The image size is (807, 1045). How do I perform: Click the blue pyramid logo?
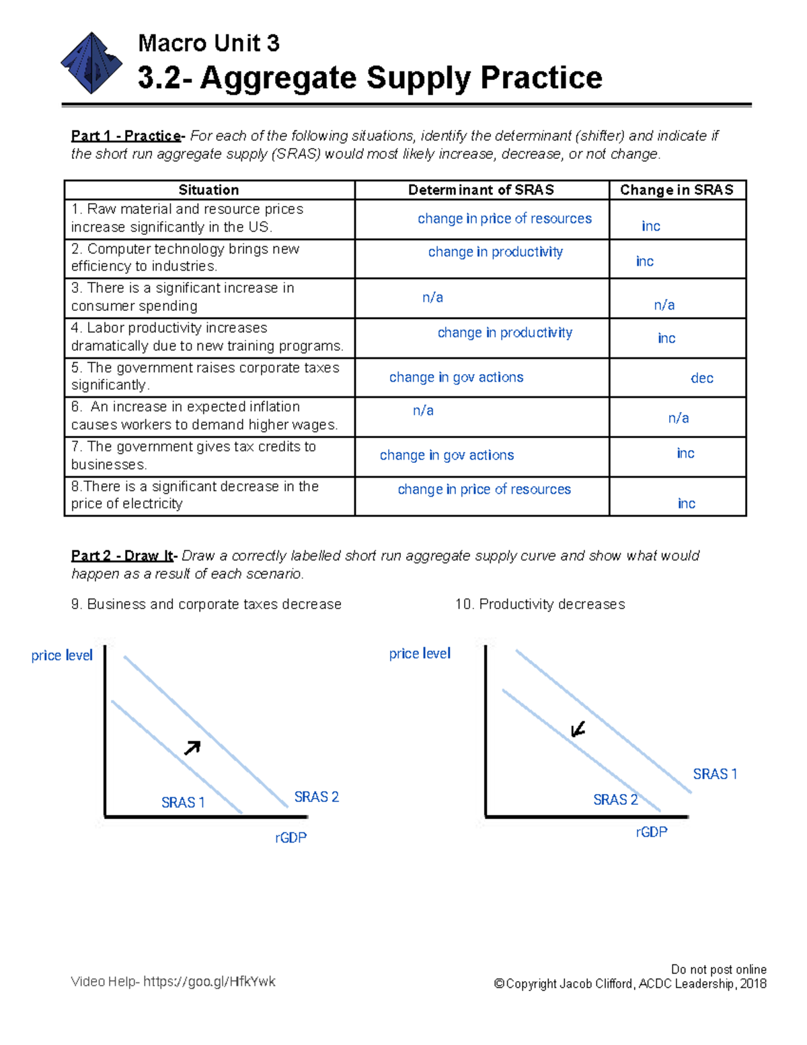91,63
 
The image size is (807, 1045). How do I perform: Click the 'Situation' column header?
208,190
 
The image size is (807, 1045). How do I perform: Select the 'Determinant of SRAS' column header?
481,190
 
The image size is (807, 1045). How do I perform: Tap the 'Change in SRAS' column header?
677,190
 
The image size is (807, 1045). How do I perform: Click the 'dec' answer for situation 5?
701,378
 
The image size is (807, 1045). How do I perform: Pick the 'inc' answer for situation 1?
650,226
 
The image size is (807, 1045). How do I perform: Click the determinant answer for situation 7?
447,456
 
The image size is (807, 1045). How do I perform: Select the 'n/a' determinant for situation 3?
432,297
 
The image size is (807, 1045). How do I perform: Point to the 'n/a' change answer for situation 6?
678,418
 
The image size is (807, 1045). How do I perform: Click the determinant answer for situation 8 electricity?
484,489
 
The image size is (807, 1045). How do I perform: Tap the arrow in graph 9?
192,748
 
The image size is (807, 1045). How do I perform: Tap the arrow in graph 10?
578,729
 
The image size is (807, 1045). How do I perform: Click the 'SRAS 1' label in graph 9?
183,802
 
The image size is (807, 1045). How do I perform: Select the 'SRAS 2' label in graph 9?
316,797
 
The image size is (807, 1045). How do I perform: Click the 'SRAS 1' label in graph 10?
715,774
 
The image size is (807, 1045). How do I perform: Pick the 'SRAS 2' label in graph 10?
615,799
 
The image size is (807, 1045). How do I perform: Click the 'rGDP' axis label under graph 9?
291,838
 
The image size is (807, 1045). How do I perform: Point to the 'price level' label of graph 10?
420,653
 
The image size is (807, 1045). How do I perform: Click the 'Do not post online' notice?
718,969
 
